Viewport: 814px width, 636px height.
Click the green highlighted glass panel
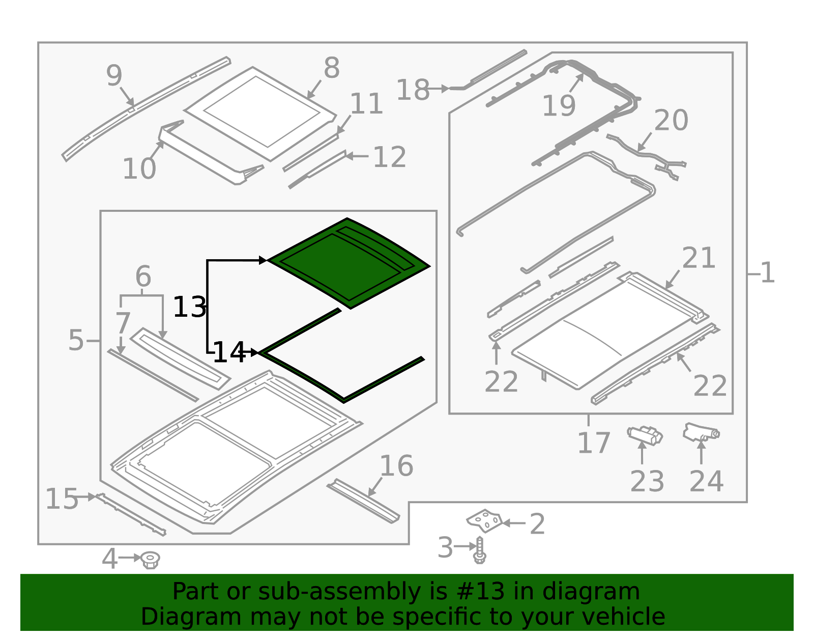[348, 263]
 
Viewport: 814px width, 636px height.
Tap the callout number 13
[190, 308]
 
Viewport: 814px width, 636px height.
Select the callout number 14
[229, 352]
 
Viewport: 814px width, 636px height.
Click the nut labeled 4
[151, 560]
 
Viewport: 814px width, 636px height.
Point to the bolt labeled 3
[479, 550]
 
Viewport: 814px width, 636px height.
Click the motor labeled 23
[645, 435]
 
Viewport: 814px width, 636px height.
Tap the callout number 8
[332, 68]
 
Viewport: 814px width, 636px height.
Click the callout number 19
[559, 106]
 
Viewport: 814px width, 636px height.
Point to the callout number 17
[594, 443]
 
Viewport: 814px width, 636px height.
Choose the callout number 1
[767, 272]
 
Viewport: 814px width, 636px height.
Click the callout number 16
[396, 466]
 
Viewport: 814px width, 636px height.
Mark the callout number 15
[62, 499]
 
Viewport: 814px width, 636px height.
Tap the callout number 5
[76, 340]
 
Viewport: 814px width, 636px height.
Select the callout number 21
[699, 258]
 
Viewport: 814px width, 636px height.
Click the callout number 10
[139, 169]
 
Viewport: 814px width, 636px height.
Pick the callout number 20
[671, 120]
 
